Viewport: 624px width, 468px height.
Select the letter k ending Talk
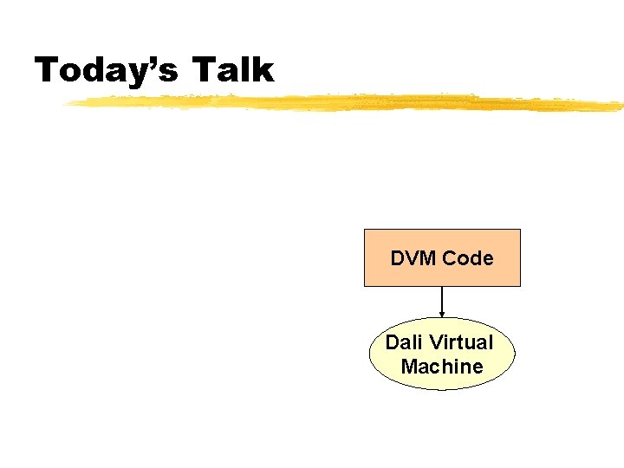[x=263, y=69]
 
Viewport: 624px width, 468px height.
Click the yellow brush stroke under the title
[x=347, y=103]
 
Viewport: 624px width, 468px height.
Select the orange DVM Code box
[x=442, y=257]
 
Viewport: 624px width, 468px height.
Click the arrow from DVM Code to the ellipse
[x=442, y=299]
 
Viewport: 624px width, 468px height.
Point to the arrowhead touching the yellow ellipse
[x=442, y=313]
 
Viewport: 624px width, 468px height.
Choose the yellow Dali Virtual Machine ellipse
[x=442, y=354]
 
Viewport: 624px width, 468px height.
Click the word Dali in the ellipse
[x=402, y=342]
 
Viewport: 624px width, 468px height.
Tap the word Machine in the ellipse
[x=442, y=367]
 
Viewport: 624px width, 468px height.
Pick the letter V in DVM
[x=411, y=258]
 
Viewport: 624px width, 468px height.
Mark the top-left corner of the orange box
[x=364, y=230]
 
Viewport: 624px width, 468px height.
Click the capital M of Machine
[x=409, y=367]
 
